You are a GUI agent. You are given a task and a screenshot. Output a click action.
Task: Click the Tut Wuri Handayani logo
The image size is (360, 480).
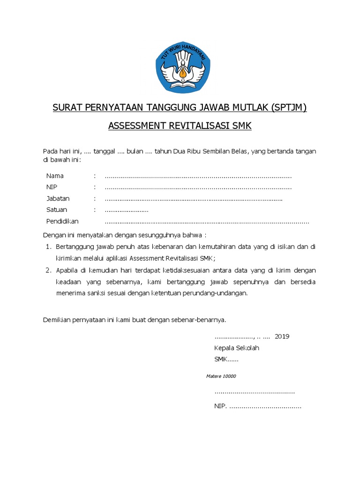point(180,70)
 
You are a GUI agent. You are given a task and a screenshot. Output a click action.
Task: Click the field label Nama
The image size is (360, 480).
point(55,176)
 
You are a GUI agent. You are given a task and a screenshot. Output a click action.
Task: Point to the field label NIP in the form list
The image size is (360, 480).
point(52,187)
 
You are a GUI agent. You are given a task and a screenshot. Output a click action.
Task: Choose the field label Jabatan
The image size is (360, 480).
point(58,199)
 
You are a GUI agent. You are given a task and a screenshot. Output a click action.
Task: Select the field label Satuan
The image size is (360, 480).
point(56,210)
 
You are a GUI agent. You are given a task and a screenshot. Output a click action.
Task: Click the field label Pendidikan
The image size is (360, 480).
point(62,221)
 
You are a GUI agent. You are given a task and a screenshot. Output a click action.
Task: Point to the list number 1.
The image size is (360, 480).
point(48,247)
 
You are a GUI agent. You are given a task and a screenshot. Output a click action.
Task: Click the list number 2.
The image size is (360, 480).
point(48,270)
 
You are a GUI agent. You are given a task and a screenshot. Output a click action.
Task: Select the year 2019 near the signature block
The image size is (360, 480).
point(282,337)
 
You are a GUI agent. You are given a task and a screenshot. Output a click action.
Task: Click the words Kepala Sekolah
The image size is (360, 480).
point(236,348)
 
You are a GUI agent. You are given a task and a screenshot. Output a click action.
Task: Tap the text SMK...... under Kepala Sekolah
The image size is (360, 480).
point(226,360)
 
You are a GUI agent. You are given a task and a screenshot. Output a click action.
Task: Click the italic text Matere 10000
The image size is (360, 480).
point(221,376)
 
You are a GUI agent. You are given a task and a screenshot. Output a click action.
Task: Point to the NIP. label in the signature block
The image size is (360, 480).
point(220,406)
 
